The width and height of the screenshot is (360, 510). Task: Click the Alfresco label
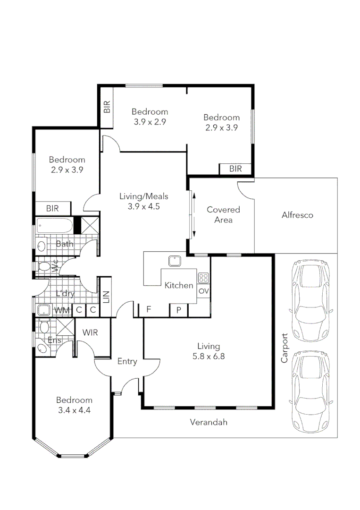click(297, 215)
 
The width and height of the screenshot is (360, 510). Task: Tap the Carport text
click(284, 348)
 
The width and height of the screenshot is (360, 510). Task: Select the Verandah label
click(208, 422)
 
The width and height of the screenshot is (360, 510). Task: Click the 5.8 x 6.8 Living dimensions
click(208, 357)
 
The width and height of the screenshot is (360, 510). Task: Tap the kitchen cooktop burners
click(203, 278)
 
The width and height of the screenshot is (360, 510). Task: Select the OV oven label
click(203, 291)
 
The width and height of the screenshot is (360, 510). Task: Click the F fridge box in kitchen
click(149, 310)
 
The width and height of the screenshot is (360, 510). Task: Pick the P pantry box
click(179, 310)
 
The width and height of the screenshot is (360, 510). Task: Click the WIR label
click(90, 332)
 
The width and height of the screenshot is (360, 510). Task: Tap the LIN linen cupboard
click(106, 297)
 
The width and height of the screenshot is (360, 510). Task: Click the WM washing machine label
click(61, 310)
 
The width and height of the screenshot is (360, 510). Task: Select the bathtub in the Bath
click(54, 226)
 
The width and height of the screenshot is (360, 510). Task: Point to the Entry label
click(127, 361)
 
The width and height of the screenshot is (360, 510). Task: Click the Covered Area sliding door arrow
click(193, 215)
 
